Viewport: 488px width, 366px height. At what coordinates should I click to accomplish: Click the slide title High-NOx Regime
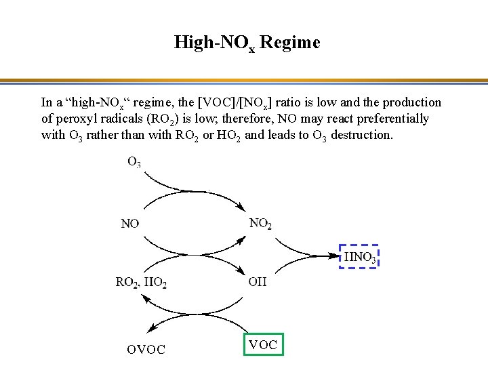247,43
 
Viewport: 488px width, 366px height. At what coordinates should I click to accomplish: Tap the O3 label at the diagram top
134,162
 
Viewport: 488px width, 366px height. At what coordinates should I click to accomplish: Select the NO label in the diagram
130,223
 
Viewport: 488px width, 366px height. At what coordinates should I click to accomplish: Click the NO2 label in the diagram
260,223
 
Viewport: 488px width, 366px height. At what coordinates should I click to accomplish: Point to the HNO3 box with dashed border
359,257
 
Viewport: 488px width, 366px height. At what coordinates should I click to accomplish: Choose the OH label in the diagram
258,282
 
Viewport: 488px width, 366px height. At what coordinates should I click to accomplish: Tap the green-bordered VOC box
263,344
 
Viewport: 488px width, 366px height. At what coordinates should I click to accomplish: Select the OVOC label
146,350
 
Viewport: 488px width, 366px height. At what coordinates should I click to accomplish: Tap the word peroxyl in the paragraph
76,119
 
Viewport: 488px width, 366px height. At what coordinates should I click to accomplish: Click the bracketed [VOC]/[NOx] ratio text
237,103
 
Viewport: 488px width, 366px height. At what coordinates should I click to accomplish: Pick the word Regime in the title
289,43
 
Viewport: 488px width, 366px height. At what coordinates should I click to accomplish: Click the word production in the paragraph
412,102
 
